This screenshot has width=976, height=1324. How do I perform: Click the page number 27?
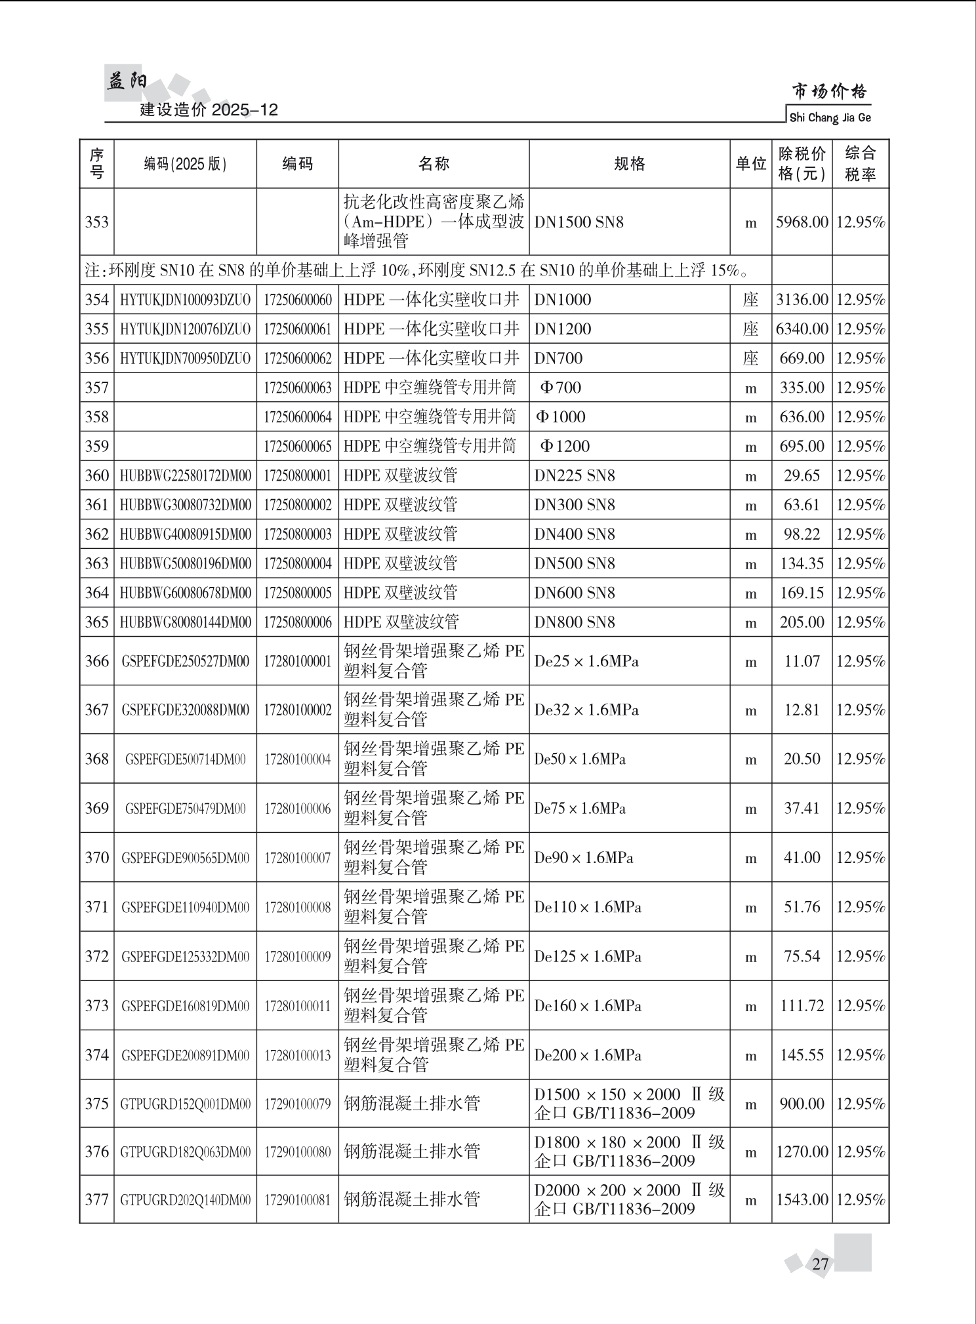(820, 1264)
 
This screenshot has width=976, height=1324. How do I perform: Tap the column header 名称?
(434, 164)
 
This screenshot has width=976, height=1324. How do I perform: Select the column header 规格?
(629, 164)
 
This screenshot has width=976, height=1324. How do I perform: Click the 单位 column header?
(750, 164)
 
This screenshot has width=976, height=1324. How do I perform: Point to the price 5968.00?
(802, 222)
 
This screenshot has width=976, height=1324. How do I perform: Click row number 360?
(96, 475)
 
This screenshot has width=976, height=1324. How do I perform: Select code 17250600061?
(297, 329)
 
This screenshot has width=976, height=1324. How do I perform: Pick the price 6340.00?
(802, 329)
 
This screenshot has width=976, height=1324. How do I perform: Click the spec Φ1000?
(561, 417)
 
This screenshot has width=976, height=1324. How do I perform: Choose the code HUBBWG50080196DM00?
(185, 564)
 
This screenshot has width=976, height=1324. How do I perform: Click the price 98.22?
(802, 534)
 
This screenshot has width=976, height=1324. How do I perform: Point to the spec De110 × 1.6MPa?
(587, 908)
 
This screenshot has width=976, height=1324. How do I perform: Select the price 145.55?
(802, 1055)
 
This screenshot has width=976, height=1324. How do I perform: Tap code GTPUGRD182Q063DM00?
(185, 1152)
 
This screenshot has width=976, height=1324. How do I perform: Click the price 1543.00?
(802, 1200)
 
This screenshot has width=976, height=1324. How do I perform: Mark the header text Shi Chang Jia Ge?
(830, 118)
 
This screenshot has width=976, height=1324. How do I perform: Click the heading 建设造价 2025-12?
(209, 110)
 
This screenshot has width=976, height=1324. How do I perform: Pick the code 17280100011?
(297, 1006)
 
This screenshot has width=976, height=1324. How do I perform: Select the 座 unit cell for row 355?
(750, 329)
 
